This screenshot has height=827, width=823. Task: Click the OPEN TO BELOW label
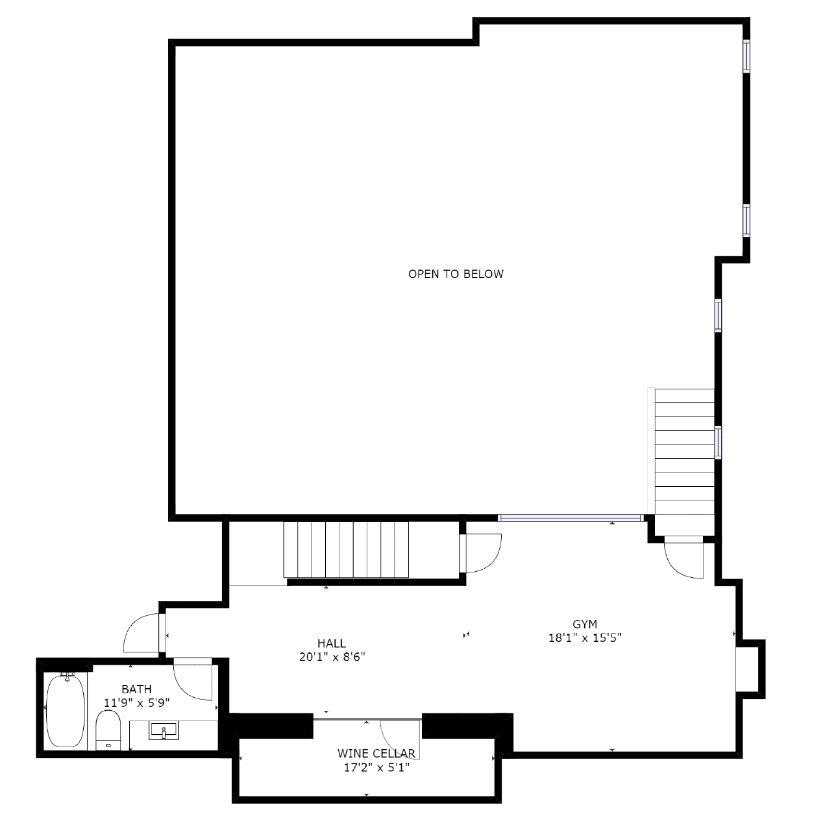pos(456,274)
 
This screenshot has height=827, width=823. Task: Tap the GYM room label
pos(584,624)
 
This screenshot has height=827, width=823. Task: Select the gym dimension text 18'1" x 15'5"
pos(585,637)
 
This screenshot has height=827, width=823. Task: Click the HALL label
pos(332,643)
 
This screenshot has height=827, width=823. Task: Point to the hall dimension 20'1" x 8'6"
pos(332,657)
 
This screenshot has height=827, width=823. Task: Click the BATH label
pos(136,689)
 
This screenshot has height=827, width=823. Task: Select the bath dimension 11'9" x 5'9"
pos(136,702)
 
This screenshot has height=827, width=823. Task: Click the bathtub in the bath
pos(66,711)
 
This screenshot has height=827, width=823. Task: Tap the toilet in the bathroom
pos(108,730)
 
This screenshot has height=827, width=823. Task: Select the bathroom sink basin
pos(164,730)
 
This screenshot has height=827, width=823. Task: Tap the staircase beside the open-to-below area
pos(684,451)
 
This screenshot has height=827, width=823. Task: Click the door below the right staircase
pos(683,558)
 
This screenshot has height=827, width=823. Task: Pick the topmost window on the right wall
pos(746,56)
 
